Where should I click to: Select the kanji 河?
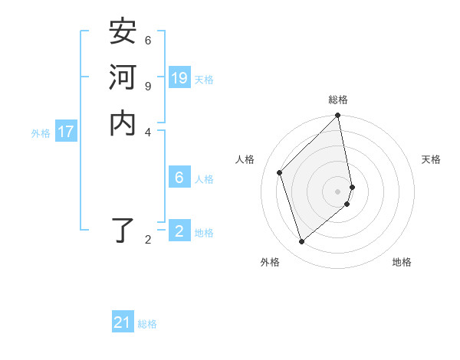point(123,77)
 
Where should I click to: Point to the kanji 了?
point(123,231)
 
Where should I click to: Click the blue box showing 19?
point(179,77)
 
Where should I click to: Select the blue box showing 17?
point(66,132)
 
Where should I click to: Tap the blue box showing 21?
point(123,322)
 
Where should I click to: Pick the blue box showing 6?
point(179,178)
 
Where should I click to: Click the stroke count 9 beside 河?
point(148,85)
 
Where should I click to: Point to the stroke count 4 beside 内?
point(148,131)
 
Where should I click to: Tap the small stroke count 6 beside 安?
point(148,40)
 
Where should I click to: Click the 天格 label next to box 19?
point(204,79)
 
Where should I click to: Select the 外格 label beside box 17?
point(41,133)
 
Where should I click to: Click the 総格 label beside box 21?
point(147,324)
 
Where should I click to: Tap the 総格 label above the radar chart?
point(338,100)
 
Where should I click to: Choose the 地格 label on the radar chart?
point(402,262)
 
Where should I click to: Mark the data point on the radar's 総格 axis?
point(338,116)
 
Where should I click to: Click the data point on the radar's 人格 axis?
point(280,172)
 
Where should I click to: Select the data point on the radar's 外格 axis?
point(302,241)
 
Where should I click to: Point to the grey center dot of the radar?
point(338,191)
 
